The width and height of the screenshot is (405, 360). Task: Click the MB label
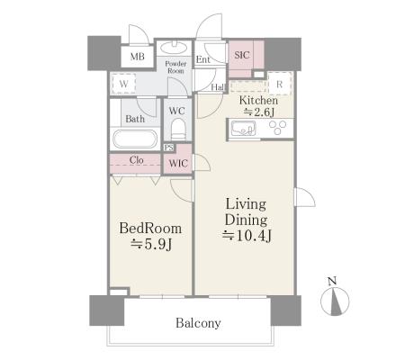tap(138, 57)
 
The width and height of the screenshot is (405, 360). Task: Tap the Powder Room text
tap(175, 67)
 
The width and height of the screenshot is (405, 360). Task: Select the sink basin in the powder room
tap(174, 47)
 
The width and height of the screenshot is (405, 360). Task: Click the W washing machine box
tap(123, 84)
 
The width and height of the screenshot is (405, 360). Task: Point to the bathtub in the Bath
tap(135, 139)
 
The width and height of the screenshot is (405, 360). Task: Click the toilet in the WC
tap(178, 129)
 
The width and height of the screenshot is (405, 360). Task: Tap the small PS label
tap(169, 148)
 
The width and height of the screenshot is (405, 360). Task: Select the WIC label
tap(178, 164)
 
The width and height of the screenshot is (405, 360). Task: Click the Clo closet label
tap(136, 160)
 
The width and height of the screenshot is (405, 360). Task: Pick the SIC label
tap(242, 55)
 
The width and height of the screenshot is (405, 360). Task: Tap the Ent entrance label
tap(202, 59)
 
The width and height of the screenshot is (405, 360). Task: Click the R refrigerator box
tap(280, 84)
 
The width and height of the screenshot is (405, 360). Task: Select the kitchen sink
tap(243, 129)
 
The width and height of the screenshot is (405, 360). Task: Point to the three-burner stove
tap(277, 127)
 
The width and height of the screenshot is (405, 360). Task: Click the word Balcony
tap(198, 323)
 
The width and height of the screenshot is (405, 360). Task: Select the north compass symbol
tap(335, 301)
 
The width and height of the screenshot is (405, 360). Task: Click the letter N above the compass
tap(332, 282)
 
